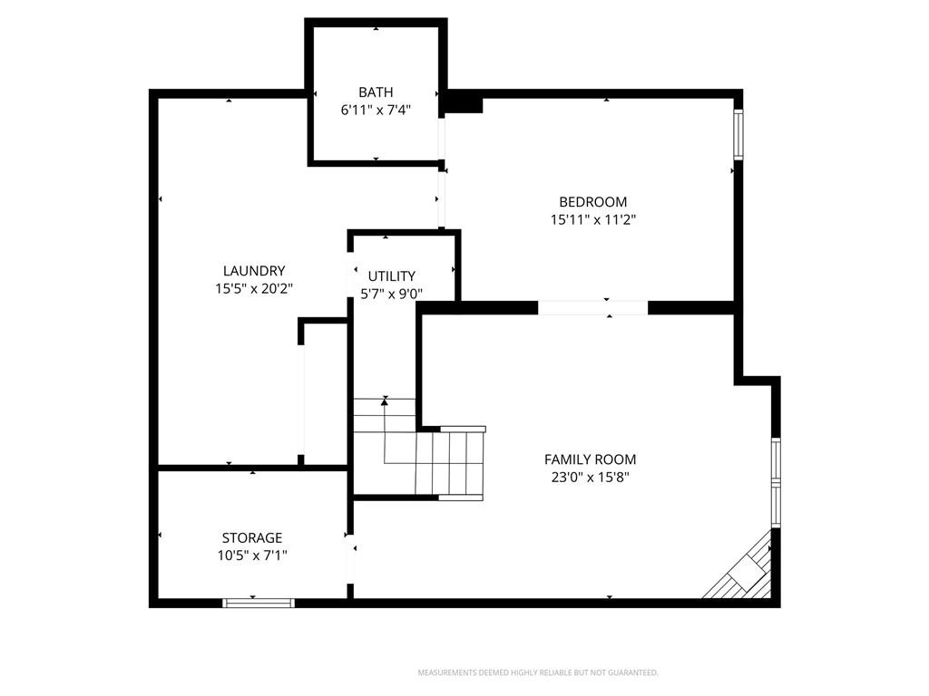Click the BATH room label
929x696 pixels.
point(376,92)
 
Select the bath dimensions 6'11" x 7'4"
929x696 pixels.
point(376,110)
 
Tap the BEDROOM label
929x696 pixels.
point(593,202)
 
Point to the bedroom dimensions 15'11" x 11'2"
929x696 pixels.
point(593,219)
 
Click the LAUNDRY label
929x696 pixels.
point(254,271)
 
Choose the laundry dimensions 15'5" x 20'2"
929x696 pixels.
point(254,289)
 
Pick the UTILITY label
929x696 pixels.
point(392,276)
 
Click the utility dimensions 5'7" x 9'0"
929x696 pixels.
point(392,294)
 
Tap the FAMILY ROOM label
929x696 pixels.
point(590,459)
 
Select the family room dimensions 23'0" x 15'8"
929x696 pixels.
point(590,477)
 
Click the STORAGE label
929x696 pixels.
point(252,538)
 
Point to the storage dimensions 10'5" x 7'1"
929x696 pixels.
point(252,556)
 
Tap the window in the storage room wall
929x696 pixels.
point(259,603)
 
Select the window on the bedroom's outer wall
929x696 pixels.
point(738,134)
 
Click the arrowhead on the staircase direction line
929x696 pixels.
point(385,401)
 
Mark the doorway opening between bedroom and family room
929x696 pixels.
point(593,308)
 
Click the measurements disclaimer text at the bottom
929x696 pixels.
point(538,673)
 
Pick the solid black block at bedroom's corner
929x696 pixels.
point(464,105)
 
